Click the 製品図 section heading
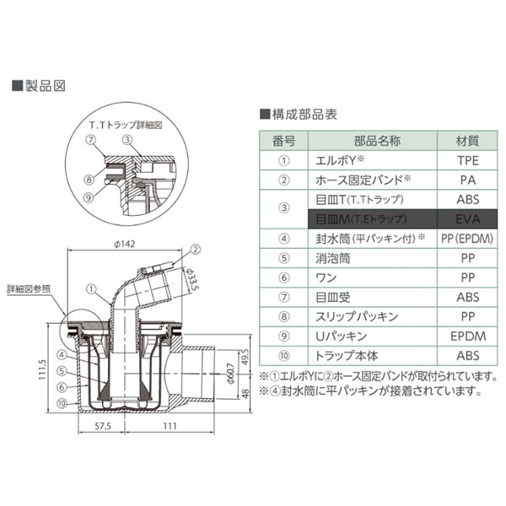click(37, 86)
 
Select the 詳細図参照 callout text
click(34, 288)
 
